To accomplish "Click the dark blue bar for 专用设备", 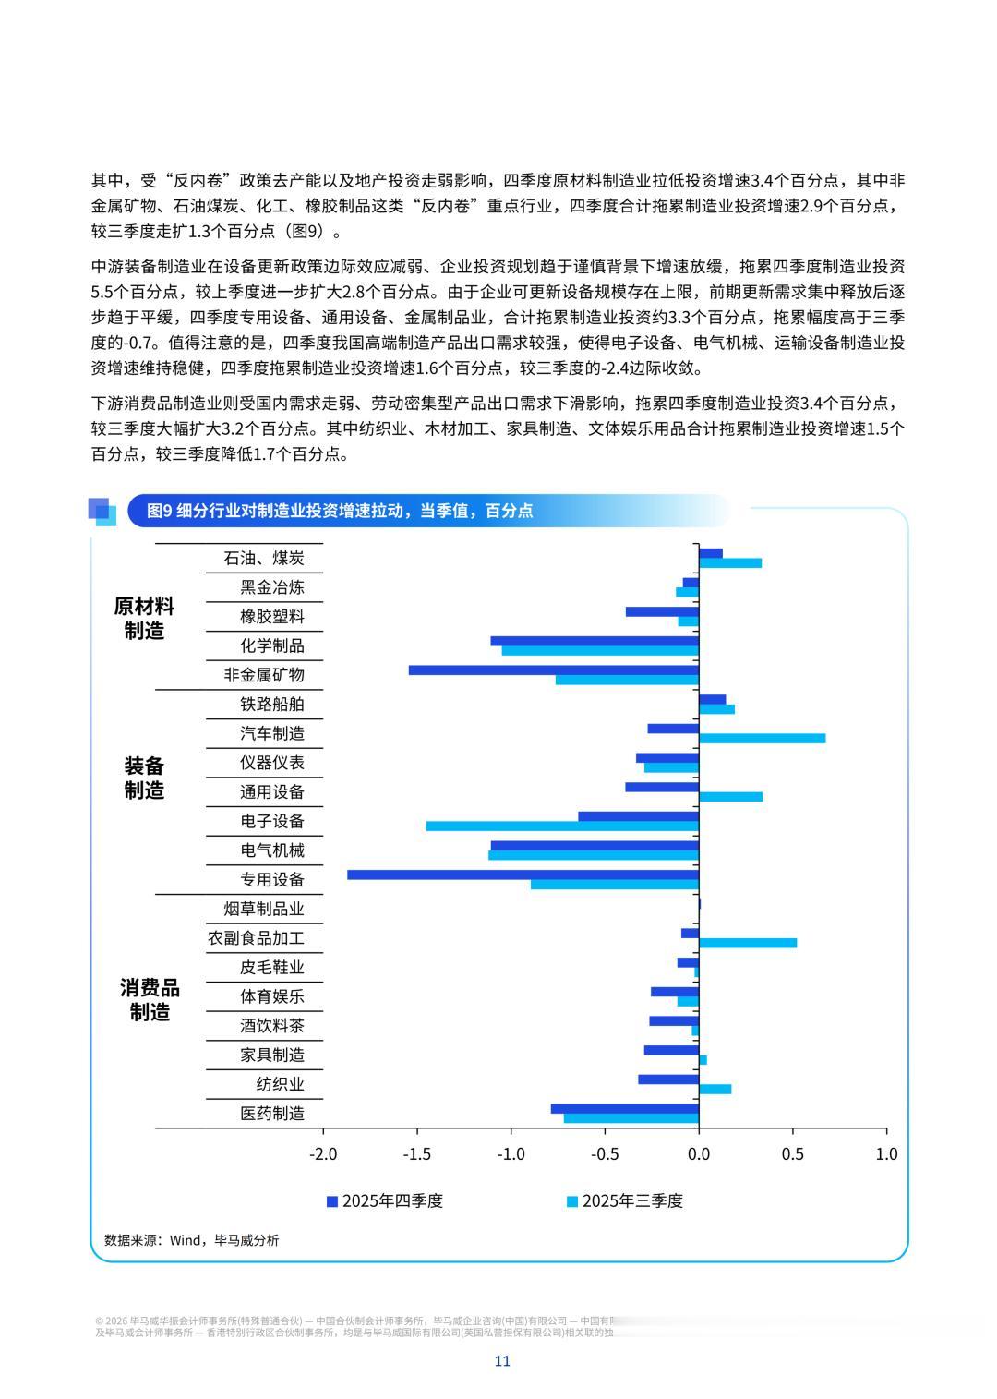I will (523, 874).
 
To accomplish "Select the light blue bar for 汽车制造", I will (762, 738).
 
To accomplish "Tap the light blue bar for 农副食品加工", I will (747, 943).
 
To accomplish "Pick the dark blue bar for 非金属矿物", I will (553, 670).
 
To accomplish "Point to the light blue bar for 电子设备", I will (561, 826).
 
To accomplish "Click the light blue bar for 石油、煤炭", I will (729, 562).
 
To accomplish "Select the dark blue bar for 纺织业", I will (667, 1079).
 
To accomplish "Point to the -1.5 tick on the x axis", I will (417, 1153).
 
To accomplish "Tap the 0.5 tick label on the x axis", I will (792, 1153).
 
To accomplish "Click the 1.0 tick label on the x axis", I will (886, 1153).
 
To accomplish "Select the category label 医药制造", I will (272, 1113).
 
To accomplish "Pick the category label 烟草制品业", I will (264, 909).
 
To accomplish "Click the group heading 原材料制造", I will (144, 619).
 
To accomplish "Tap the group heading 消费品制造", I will (149, 1000).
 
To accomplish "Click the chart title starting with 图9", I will (340, 511).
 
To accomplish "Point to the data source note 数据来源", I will (192, 1240).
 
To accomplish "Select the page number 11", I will (502, 1361).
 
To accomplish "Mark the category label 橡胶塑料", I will (272, 616).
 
